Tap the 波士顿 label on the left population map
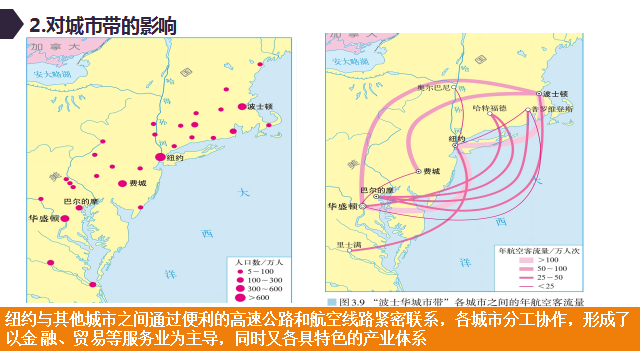(260, 106)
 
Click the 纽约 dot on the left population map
(160, 157)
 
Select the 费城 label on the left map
(137, 184)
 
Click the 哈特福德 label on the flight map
(490, 106)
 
